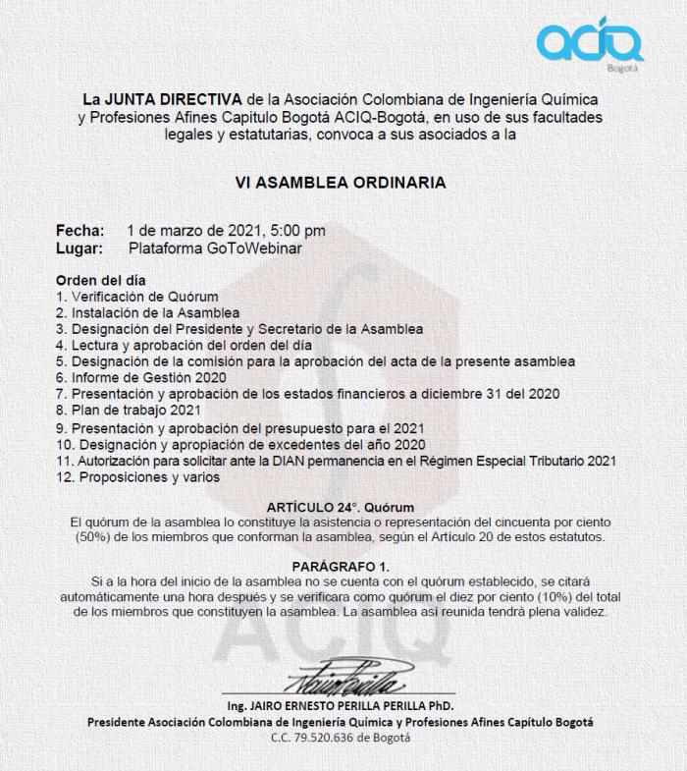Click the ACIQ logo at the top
589,40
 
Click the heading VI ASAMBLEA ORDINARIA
341,183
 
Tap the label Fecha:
80,231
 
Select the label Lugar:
80,248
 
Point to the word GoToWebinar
254,248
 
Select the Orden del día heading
101,280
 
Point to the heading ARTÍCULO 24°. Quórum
342,507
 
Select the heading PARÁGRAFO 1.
341,567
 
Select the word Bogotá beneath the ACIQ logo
622,69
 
